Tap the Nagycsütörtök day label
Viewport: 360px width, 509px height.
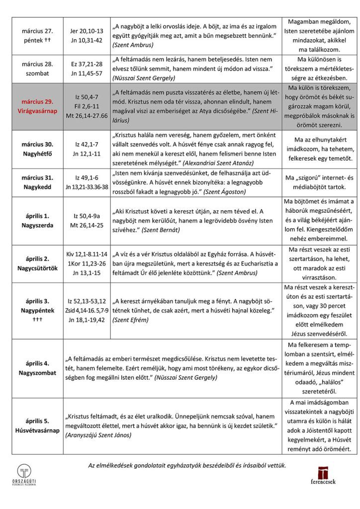37,268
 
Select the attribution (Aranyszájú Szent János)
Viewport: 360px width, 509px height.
98,435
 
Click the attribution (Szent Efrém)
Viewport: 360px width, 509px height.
130,320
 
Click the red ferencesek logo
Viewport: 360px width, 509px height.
323,475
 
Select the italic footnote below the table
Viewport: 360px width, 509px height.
187,465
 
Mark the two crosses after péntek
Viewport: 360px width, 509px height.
49,39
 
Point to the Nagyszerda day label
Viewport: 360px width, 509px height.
37,225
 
